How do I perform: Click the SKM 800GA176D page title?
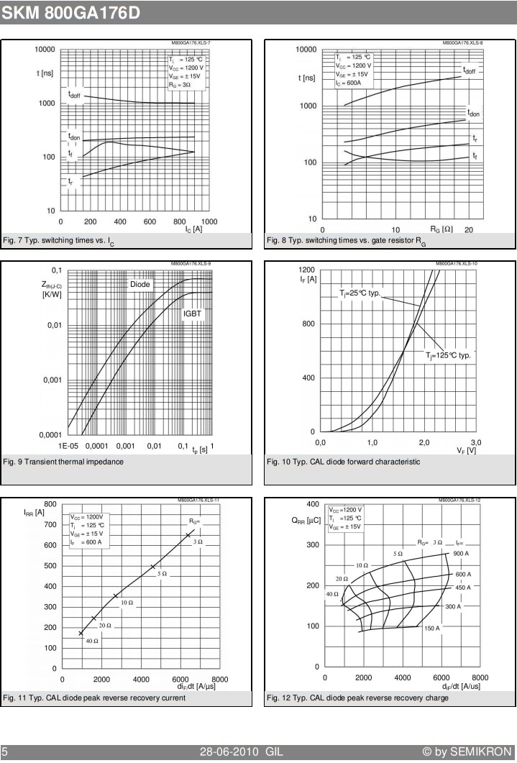[x=70, y=13]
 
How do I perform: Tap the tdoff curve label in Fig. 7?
[x=74, y=94]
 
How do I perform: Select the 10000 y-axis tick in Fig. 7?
[x=45, y=49]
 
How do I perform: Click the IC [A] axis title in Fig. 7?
[x=193, y=229]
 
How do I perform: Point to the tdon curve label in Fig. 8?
[x=473, y=114]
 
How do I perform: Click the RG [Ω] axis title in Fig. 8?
[x=441, y=229]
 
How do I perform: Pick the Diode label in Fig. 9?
[x=140, y=284]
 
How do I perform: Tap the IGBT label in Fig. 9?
[x=192, y=314]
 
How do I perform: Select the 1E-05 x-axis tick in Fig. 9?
[x=68, y=446]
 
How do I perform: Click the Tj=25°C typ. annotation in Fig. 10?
[x=360, y=293]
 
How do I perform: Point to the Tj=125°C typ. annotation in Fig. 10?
[x=449, y=355]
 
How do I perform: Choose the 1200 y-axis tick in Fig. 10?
[x=307, y=270]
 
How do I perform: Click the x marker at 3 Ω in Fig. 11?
[x=188, y=535]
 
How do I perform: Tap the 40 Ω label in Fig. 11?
[x=92, y=641]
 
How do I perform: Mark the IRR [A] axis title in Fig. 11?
[x=34, y=513]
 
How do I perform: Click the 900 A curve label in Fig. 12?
[x=461, y=553]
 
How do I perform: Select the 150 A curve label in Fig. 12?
[x=432, y=629]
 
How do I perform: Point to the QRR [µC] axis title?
[x=306, y=521]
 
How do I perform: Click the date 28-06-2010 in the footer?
[x=229, y=751]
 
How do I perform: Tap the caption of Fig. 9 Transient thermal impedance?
[x=63, y=462]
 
